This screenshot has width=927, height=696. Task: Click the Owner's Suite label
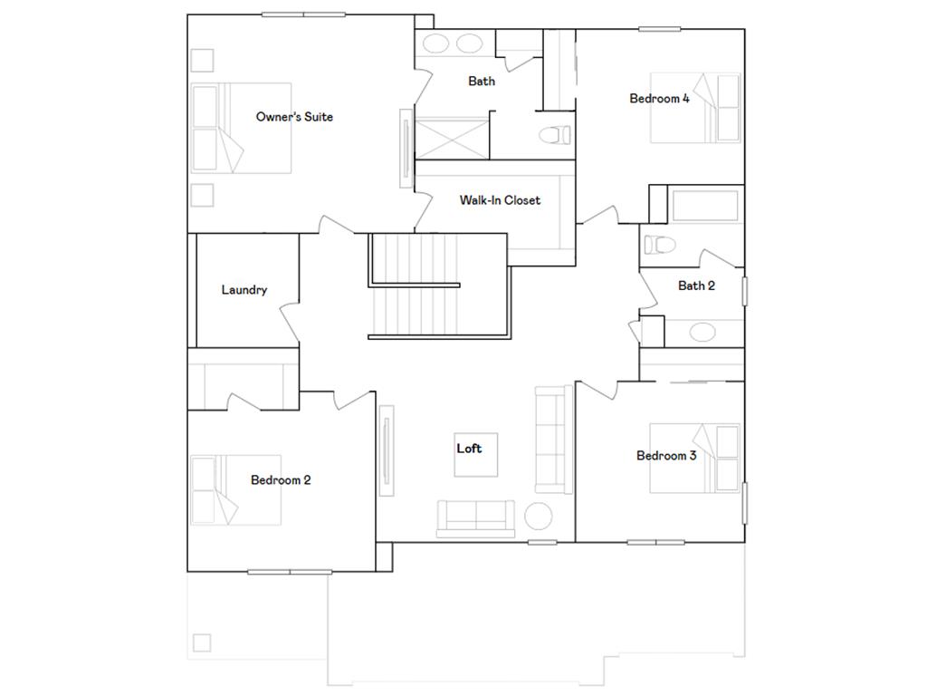tap(294, 117)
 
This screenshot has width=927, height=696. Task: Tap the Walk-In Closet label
tap(500, 200)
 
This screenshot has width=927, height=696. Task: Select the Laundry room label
tap(244, 290)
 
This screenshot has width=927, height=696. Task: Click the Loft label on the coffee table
tap(469, 449)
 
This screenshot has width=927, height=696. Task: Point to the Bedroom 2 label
tap(281, 480)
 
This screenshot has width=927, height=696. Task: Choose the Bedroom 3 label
tap(666, 456)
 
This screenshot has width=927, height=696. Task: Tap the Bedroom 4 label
tap(660, 99)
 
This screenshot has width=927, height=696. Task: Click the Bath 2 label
tap(697, 285)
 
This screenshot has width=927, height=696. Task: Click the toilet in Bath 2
tap(658, 244)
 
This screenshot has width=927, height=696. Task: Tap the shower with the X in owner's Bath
tap(451, 138)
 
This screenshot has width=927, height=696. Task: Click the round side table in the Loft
tap(539, 516)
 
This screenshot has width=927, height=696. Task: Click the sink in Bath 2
tap(702, 331)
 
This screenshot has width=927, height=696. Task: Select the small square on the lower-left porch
tap(201, 643)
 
